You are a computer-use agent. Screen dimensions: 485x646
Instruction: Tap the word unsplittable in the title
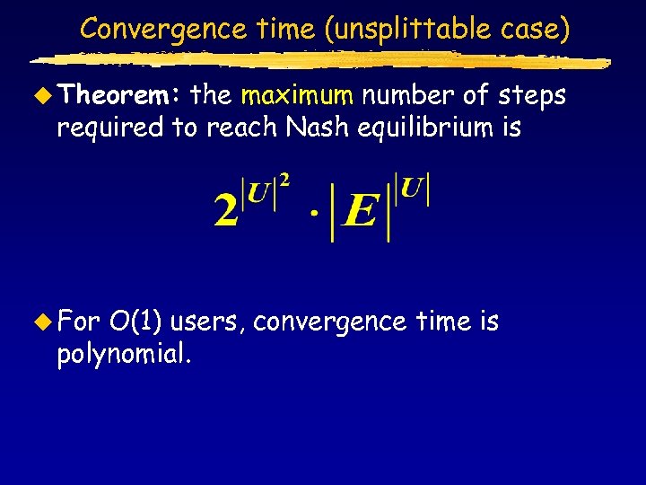tap(414, 29)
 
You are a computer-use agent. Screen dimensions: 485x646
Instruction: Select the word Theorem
tap(121, 95)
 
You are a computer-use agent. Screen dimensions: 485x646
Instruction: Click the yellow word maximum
tap(298, 95)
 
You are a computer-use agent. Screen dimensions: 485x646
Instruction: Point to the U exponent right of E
tap(414, 191)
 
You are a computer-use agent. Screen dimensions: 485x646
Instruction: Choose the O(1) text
tap(135, 322)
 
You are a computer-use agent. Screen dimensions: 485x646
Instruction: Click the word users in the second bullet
tap(208, 322)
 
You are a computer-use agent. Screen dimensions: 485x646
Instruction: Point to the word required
tap(110, 128)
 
